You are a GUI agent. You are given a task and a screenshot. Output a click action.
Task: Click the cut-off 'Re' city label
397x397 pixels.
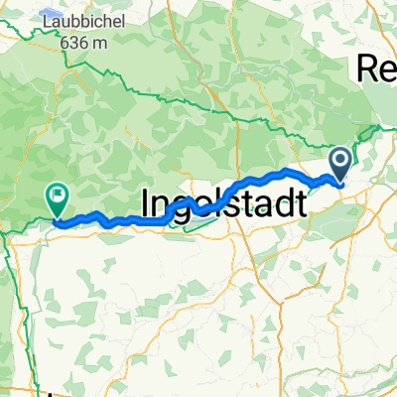377,69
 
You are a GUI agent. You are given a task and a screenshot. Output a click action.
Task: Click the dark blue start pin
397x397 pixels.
339,164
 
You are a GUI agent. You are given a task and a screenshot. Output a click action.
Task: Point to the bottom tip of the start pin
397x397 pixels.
339,185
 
